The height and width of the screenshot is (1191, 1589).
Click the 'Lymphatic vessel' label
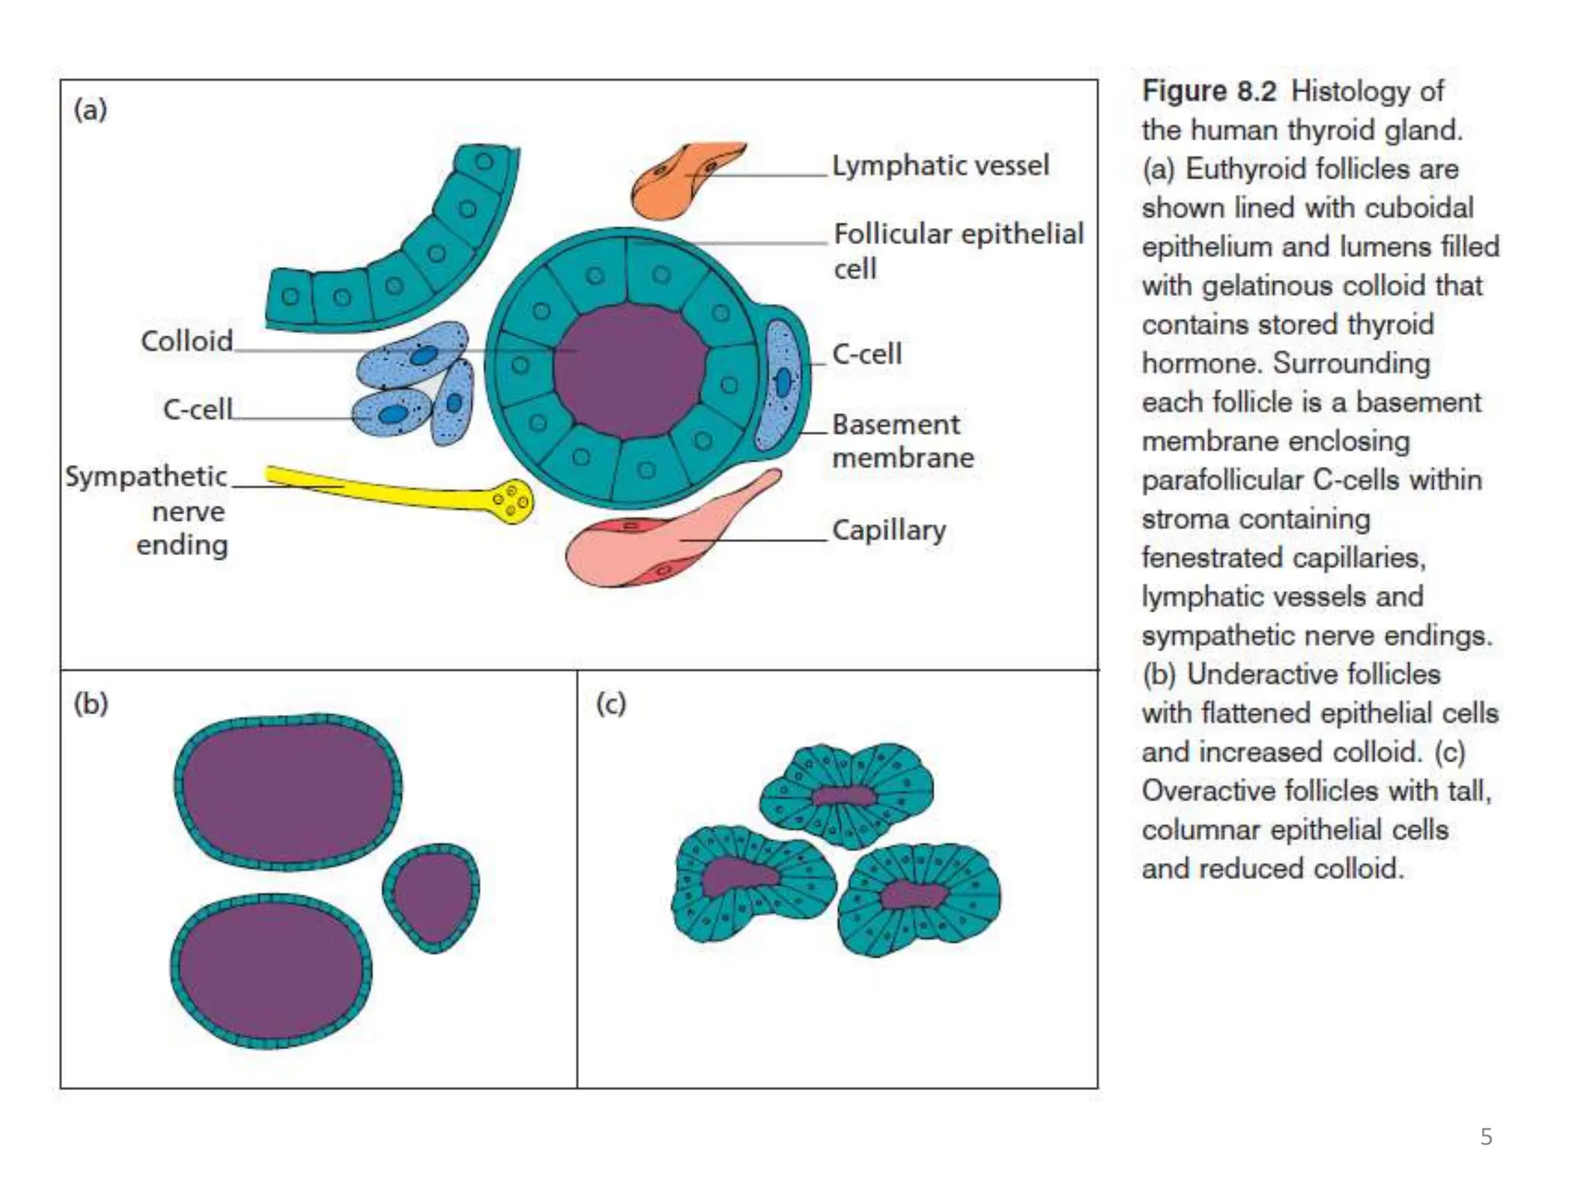tap(940, 165)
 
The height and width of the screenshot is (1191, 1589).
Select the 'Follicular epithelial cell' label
tap(957, 250)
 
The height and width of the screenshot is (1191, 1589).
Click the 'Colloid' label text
tap(187, 340)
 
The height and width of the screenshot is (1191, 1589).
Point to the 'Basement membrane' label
tap(902, 440)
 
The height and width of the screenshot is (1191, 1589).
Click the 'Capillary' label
tap(889, 530)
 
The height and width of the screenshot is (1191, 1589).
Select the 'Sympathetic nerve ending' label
tap(147, 509)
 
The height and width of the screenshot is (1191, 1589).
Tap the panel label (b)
tap(91, 703)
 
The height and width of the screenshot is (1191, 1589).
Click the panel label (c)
tap(611, 703)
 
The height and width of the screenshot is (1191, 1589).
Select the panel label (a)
tap(91, 109)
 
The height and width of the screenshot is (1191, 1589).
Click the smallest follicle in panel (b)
tap(431, 896)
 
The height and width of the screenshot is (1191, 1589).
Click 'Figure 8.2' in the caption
tap(1208, 91)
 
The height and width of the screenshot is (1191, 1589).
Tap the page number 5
tap(1486, 1137)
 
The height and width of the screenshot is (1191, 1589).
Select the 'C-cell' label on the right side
tap(867, 354)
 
